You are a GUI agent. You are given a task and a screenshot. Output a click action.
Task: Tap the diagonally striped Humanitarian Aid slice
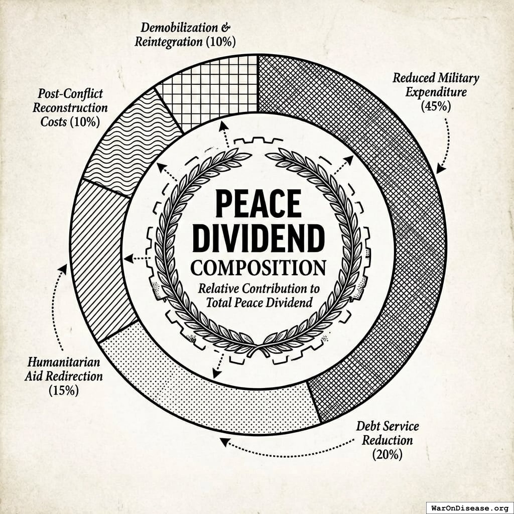(98, 261)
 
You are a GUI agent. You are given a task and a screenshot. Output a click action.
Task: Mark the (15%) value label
(63, 390)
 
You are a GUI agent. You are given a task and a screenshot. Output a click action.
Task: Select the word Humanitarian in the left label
(63, 362)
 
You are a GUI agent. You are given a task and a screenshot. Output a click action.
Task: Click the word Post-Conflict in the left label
(70, 93)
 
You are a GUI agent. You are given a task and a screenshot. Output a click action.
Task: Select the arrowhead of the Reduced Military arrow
(440, 169)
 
